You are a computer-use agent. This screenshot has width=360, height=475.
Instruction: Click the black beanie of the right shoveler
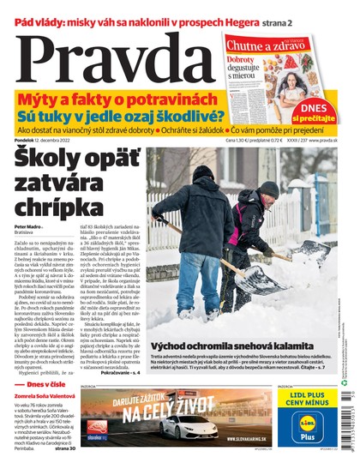click(x=268, y=188)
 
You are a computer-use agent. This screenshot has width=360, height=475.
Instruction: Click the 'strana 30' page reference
click(x=65, y=446)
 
